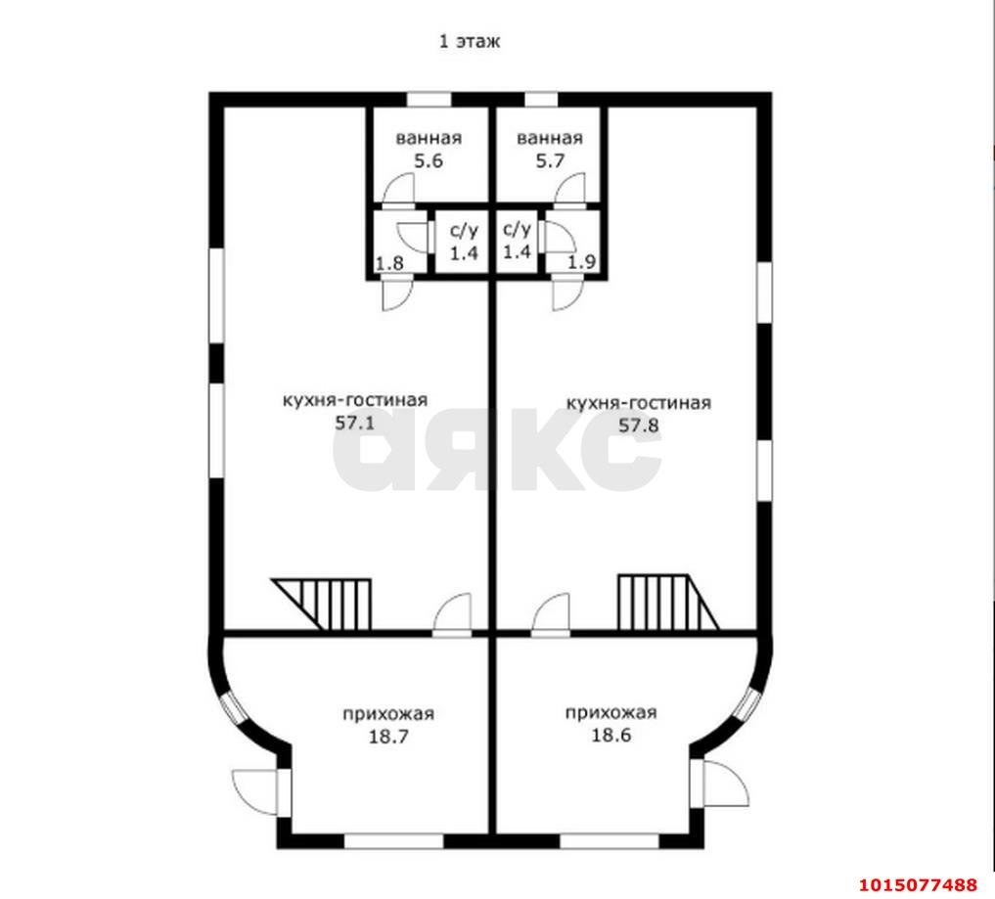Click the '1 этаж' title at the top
(x=470, y=42)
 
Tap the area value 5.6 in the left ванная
(x=429, y=160)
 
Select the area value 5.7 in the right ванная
(x=550, y=160)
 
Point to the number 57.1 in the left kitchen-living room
(x=355, y=423)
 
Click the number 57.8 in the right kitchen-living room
(x=638, y=426)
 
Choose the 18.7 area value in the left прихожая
(x=388, y=737)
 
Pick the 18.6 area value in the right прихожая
(x=611, y=736)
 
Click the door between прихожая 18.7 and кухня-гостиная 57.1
(x=452, y=614)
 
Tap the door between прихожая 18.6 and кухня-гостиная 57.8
(x=551, y=614)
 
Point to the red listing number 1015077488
(x=919, y=885)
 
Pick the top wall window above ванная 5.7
(x=541, y=100)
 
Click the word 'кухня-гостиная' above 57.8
(x=638, y=403)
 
